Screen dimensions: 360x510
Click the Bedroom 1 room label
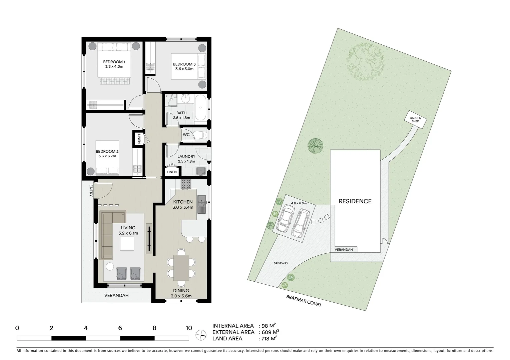point(114,62)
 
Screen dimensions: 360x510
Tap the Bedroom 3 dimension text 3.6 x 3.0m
point(184,69)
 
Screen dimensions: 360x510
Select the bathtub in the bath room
point(200,108)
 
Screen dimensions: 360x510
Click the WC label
point(186,135)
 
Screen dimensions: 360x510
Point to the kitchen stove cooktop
point(186,184)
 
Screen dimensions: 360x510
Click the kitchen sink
point(201,204)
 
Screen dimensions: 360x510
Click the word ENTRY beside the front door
point(91,191)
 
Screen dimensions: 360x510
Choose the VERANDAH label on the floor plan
point(116,295)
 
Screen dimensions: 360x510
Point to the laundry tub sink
point(201,171)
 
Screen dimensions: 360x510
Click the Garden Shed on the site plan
point(415,119)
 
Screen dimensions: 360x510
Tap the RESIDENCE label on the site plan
point(355,201)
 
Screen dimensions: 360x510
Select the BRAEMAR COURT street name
point(304,301)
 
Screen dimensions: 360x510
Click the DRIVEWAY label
point(281,263)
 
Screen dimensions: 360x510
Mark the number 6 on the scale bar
point(120,328)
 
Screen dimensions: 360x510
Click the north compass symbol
point(201,335)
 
